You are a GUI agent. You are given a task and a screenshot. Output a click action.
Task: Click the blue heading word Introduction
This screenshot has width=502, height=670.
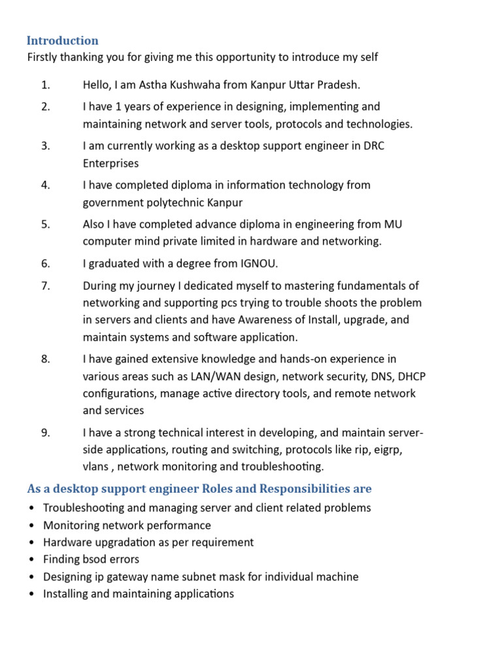(x=63, y=41)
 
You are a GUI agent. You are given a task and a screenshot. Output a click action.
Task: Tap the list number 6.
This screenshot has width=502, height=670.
(x=45, y=264)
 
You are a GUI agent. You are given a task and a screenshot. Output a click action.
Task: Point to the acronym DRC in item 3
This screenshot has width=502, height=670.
(x=373, y=145)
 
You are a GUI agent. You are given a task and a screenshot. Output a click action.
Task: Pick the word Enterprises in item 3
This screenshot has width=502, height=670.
(x=110, y=163)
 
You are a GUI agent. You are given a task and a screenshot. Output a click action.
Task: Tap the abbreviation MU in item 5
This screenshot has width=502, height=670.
(x=393, y=224)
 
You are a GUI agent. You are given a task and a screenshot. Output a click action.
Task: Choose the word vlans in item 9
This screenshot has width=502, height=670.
(x=95, y=467)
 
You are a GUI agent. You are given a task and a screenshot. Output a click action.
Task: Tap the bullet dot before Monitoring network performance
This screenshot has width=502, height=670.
(x=32, y=525)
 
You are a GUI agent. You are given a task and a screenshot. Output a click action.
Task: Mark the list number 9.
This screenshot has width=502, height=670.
(x=45, y=432)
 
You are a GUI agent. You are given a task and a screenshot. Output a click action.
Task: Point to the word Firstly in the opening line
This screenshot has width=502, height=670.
(x=43, y=58)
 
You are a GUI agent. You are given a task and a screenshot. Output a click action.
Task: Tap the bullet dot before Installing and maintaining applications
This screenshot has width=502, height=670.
(x=32, y=594)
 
